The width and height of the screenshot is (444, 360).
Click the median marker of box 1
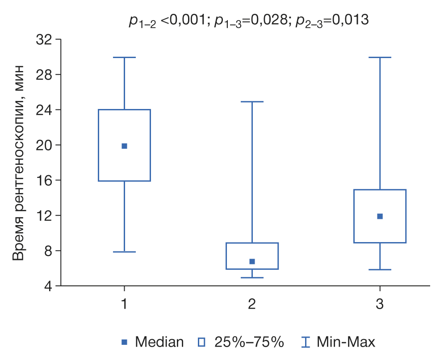click(124, 146)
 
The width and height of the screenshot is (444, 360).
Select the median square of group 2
click(252, 261)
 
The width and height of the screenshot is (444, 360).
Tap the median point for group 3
click(380, 216)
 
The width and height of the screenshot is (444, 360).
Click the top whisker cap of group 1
click(124, 58)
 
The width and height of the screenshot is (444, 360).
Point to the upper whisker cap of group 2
click(252, 102)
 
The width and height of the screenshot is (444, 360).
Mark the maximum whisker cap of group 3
click(380, 58)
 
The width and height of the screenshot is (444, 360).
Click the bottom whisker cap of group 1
click(124, 252)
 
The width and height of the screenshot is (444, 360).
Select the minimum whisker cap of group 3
click(380, 270)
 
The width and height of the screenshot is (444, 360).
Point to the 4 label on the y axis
click(48, 286)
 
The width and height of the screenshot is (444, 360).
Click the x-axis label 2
click(252, 305)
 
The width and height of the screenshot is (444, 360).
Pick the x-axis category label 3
click(380, 305)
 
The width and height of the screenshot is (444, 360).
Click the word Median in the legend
click(159, 343)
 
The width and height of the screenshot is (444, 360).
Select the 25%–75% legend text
click(249, 343)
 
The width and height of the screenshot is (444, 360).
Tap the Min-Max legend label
click(346, 343)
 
